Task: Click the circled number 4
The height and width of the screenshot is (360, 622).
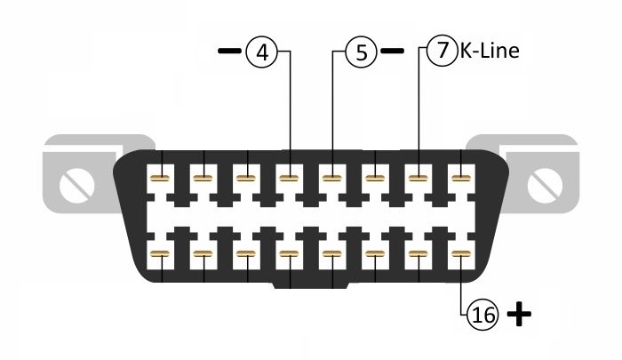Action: (x=261, y=52)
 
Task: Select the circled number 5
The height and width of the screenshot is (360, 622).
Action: (x=361, y=52)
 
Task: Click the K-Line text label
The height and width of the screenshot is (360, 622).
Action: (x=488, y=52)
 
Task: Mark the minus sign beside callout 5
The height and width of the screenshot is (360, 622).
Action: (x=392, y=52)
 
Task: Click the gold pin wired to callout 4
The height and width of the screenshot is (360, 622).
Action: (x=290, y=179)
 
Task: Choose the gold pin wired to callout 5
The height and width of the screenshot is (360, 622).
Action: (x=332, y=179)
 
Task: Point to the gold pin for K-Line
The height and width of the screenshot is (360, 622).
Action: (x=418, y=179)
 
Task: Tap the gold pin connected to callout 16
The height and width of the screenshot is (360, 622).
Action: (x=460, y=256)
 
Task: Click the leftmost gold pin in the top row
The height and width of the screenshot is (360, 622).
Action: (x=162, y=179)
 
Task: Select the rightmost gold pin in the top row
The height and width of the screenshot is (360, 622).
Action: (x=460, y=179)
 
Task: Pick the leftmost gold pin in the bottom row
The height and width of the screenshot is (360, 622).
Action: (x=162, y=256)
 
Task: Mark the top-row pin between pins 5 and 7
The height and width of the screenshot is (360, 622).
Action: (x=375, y=179)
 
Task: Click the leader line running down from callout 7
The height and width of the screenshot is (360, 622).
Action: (x=418, y=107)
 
